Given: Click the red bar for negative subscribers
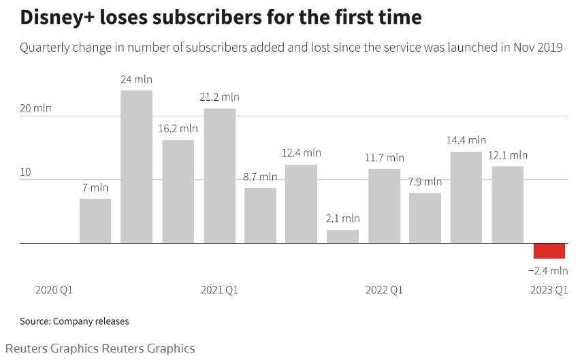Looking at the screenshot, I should tap(549, 250).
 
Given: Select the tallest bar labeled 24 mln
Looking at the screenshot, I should tap(136, 167).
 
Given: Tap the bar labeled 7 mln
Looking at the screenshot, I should tap(95, 220).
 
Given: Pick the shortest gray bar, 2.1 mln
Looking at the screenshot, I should tap(342, 236).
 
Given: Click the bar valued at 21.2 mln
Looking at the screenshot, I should tap(219, 176).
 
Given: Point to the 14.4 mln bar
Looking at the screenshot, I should tap(466, 197).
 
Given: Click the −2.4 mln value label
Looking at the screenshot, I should tap(548, 270).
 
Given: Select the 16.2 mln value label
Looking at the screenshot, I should tap(178, 128).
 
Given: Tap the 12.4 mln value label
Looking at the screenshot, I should tap(301, 152).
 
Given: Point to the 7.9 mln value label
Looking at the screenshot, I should tap(425, 182).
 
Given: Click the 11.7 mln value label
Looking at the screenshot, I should tap(384, 158).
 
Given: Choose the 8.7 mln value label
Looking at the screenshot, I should tap(260, 176).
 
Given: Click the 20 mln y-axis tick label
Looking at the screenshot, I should tap(35, 108).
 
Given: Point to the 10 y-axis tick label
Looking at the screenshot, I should tap(25, 172).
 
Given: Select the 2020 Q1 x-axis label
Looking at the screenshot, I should tap(54, 290).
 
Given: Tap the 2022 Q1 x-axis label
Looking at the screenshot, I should tap(384, 290).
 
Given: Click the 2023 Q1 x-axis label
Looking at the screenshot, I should tap(549, 290).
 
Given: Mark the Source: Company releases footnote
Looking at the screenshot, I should tap(74, 321).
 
